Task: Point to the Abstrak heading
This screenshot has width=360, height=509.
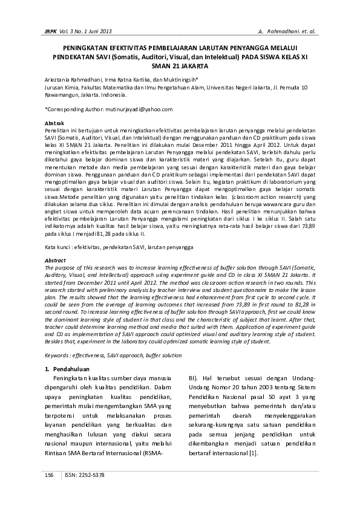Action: pyautogui.click(x=56, y=123)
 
